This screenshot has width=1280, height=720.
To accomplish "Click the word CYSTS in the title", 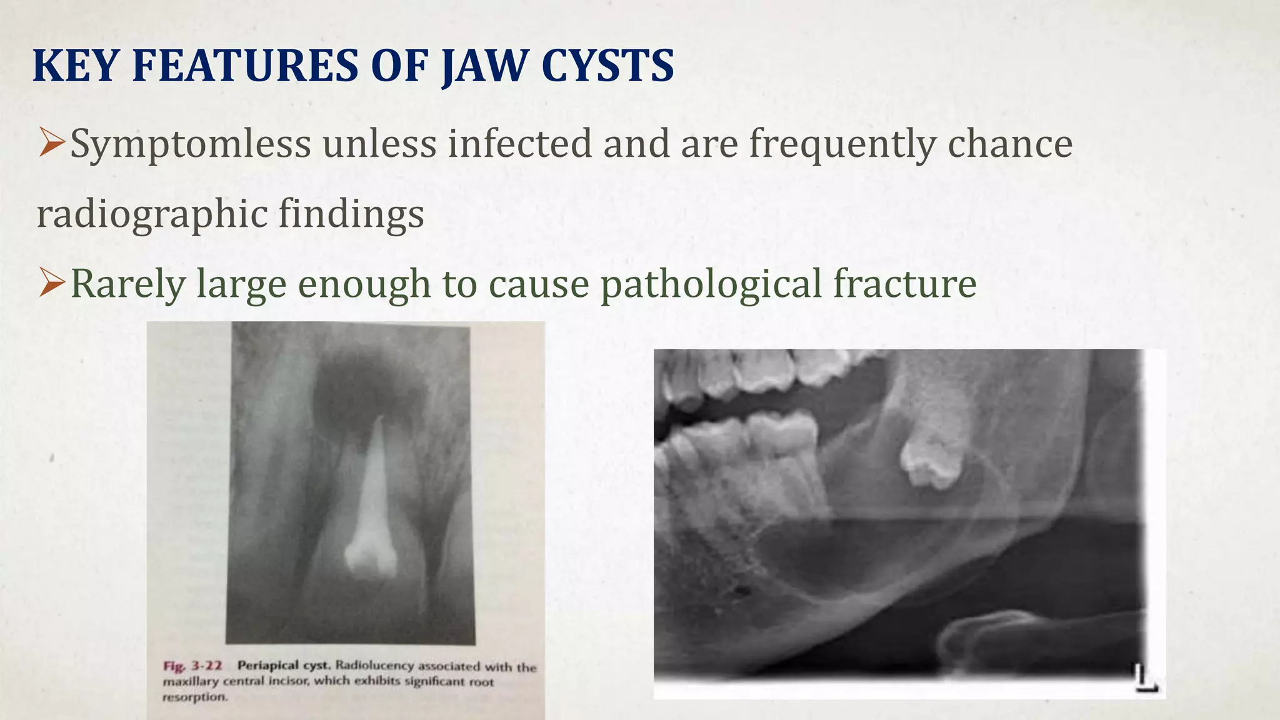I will [x=607, y=66].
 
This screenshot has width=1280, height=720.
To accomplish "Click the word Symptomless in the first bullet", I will [x=190, y=144].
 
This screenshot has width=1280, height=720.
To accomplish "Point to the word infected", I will [x=519, y=144].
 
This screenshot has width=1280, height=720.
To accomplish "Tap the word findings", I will [x=351, y=214].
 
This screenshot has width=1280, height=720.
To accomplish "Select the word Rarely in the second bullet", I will [x=127, y=284].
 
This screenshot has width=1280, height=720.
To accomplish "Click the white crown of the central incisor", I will [x=371, y=553].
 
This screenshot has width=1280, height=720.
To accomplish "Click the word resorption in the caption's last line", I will [x=194, y=697].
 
